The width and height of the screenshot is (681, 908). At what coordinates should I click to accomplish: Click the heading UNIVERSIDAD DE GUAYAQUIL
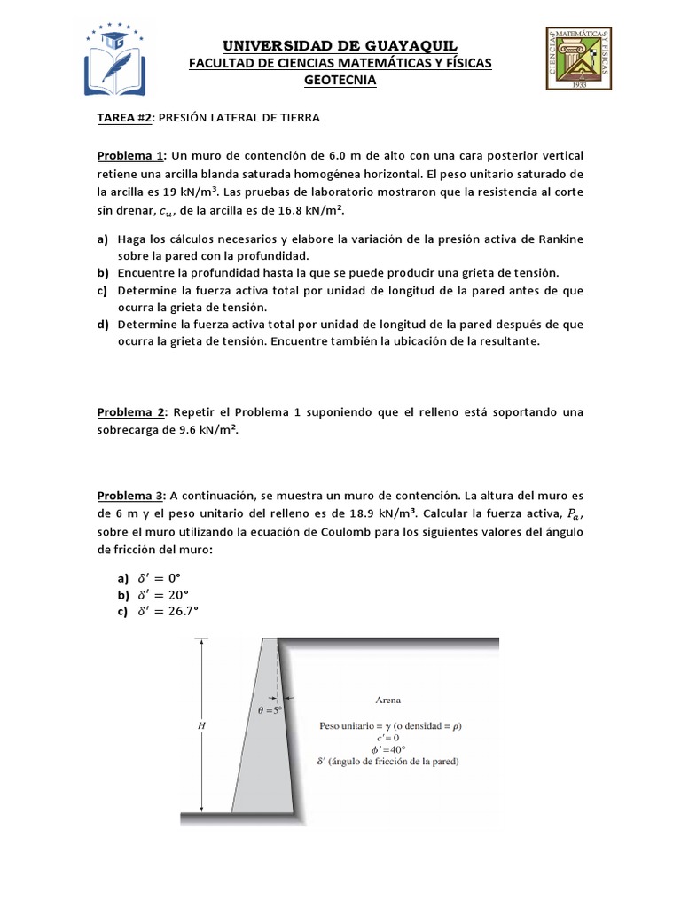[340, 45]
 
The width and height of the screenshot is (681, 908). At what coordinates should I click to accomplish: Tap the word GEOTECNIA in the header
[340, 81]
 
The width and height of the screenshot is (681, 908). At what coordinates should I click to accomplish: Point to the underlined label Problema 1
[128, 156]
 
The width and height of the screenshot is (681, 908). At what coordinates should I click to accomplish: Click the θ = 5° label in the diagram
[269, 710]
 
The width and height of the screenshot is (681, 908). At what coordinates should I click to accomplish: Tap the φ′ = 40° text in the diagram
[383, 748]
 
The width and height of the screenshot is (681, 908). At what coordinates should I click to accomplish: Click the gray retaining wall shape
[257, 754]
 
